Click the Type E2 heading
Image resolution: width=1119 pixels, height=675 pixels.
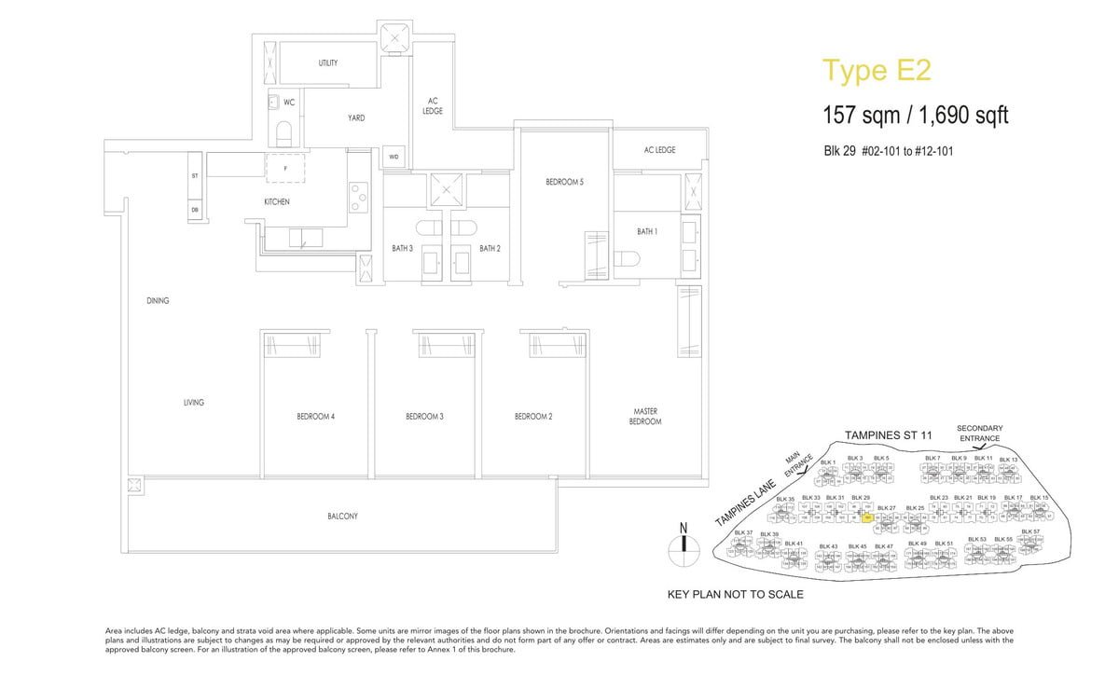click(x=876, y=71)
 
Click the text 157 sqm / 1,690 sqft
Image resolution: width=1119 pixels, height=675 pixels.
click(x=915, y=116)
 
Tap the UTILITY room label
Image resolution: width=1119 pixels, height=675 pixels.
click(x=327, y=63)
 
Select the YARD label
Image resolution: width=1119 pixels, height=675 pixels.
click(x=356, y=118)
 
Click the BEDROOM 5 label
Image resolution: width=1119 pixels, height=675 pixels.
click(x=564, y=182)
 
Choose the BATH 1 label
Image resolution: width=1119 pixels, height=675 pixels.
click(x=647, y=231)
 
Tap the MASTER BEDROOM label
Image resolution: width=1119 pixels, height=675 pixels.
click(x=645, y=417)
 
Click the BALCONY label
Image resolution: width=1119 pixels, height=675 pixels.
click(x=342, y=516)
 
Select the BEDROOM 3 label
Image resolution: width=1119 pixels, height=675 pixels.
click(x=424, y=416)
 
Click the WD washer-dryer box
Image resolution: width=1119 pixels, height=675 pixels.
click(x=394, y=158)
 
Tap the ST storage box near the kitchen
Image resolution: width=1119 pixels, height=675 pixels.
click(x=195, y=175)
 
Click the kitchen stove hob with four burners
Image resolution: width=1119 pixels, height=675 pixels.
click(x=359, y=196)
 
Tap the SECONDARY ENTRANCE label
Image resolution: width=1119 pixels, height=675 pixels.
click(x=979, y=433)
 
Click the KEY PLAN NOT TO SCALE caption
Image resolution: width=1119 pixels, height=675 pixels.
click(x=736, y=594)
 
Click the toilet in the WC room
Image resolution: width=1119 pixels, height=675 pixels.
click(x=285, y=130)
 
